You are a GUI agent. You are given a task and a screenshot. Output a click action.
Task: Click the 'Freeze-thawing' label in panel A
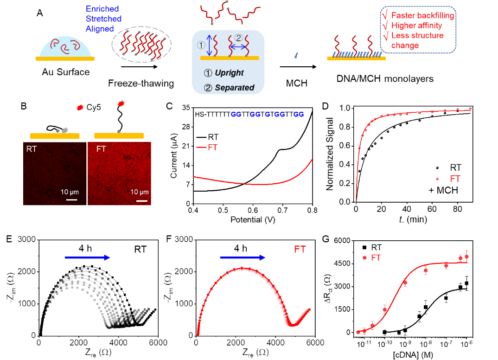pos(141,83)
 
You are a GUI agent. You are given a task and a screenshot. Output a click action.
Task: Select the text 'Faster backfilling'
pos(423,15)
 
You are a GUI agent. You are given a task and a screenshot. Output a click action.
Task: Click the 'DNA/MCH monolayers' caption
pos(385,78)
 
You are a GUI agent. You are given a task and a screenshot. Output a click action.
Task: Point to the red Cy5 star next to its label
pos(80,107)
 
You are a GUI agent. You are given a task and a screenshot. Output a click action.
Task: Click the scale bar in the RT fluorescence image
pos(72,200)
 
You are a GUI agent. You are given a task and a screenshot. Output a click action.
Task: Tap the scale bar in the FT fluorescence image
pos(142,200)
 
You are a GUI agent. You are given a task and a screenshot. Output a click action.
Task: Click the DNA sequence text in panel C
pos(249,114)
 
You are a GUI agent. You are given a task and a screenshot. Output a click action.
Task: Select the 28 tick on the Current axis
pos(186,127)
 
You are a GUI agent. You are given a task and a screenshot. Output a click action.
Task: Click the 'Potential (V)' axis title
pos(253,219)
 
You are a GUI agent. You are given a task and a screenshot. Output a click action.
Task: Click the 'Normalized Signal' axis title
pos(330,154)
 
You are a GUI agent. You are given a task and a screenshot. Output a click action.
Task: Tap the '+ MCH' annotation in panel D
pos(443,190)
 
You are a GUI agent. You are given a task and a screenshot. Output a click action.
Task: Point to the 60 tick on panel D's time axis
pos(432,209)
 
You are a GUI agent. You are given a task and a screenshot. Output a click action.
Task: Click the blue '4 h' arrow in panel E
pos(87,257)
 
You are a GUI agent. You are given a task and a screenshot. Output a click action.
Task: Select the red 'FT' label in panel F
pos(300,250)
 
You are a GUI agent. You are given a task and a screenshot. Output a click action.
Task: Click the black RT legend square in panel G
pos(364,247)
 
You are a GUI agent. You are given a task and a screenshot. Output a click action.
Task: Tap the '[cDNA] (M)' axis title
pos(413,354)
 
